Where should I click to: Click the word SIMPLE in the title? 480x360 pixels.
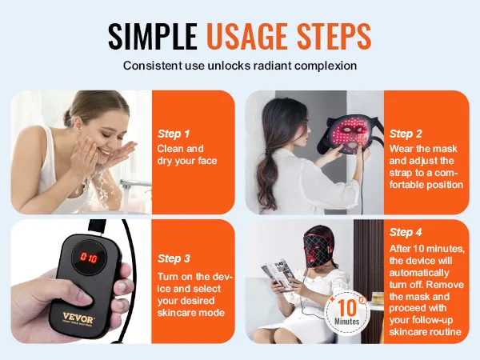(x=153, y=36)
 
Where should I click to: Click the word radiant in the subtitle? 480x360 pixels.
(x=270, y=66)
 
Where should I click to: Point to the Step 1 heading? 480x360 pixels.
(x=174, y=134)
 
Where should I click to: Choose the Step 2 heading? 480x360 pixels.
(x=406, y=134)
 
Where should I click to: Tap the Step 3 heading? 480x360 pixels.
(x=174, y=258)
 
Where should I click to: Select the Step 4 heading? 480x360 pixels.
(x=406, y=232)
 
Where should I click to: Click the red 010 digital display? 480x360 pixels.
(x=89, y=258)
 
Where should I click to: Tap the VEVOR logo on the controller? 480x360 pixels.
(x=78, y=317)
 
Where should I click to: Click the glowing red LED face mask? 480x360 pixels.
(x=348, y=134)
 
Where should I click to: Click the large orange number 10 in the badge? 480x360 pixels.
(x=347, y=307)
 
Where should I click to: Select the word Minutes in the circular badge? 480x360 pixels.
(x=347, y=322)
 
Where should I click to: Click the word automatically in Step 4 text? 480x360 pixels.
(x=419, y=273)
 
